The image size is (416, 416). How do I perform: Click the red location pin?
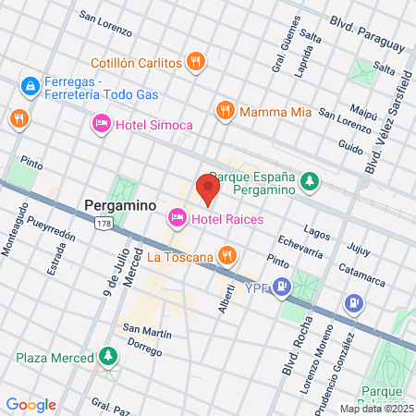tap(207, 189)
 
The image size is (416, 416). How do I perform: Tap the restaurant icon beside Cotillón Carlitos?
tap(195, 62)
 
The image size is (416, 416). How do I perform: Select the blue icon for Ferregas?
tap(31, 86)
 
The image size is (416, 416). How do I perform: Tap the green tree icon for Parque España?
tap(312, 181)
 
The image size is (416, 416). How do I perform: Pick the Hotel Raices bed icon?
tap(176, 218)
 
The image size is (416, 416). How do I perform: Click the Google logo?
tap(31, 404)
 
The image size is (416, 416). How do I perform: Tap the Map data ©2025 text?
tap(375, 408)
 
